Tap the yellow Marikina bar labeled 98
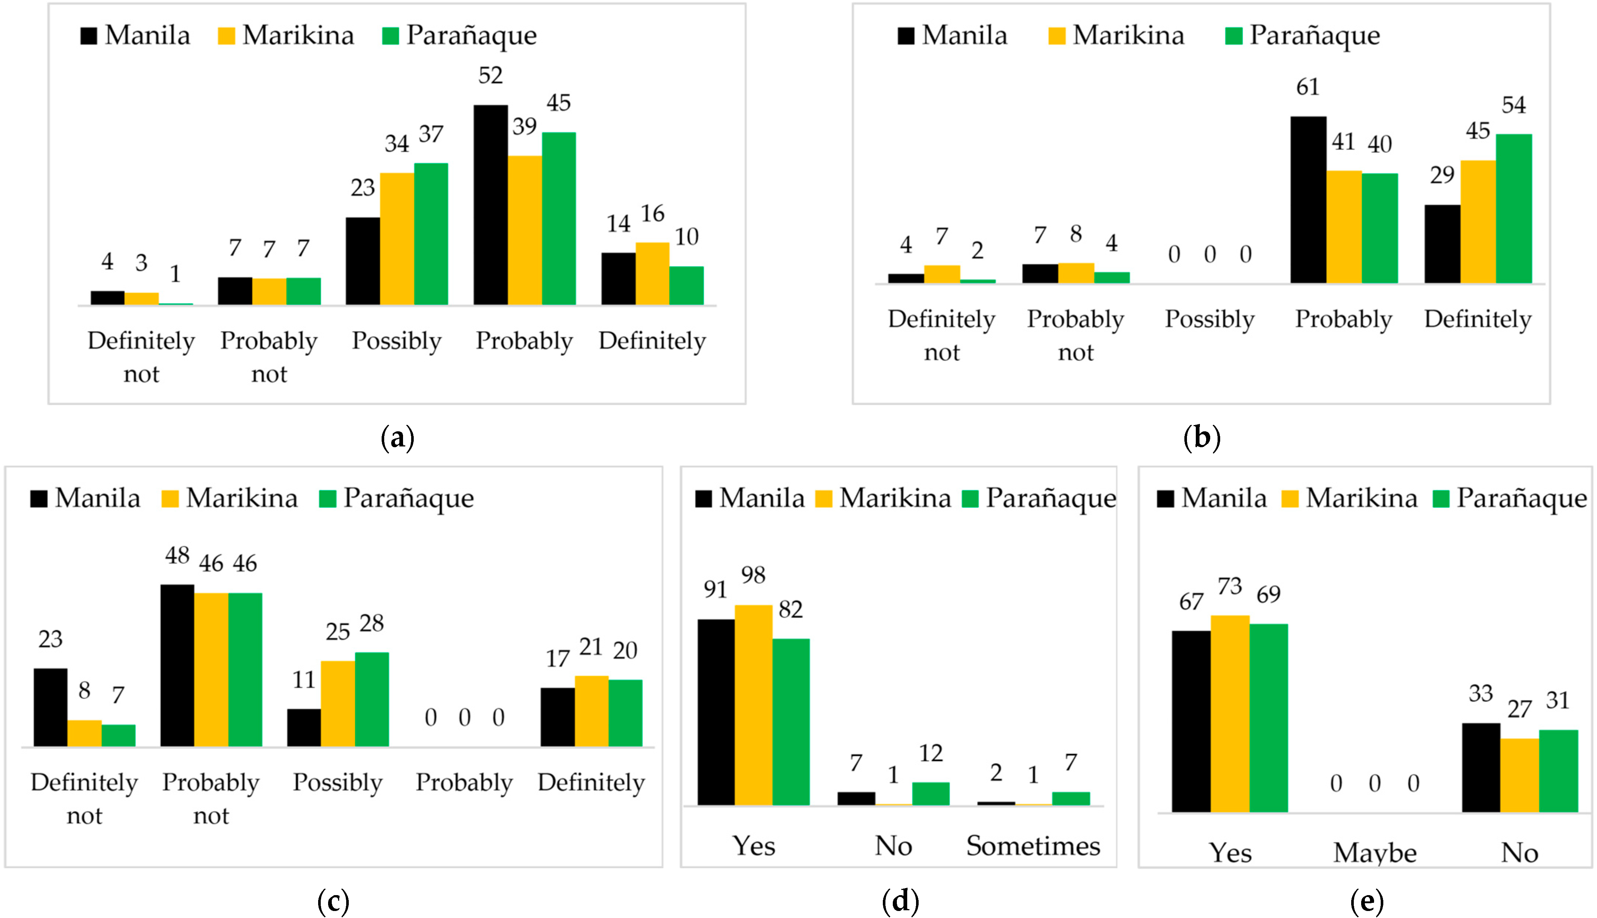click(753, 704)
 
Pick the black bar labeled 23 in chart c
click(51, 707)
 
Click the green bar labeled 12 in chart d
click(930, 793)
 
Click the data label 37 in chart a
click(431, 134)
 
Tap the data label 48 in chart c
click(177, 555)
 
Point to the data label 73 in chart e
click(1229, 586)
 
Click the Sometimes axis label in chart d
click(1033, 845)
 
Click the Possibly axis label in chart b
click(1209, 319)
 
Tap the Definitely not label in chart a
click(141, 357)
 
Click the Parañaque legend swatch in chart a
click(390, 36)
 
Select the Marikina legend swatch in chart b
click(1057, 36)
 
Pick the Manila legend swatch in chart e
click(1165, 499)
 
